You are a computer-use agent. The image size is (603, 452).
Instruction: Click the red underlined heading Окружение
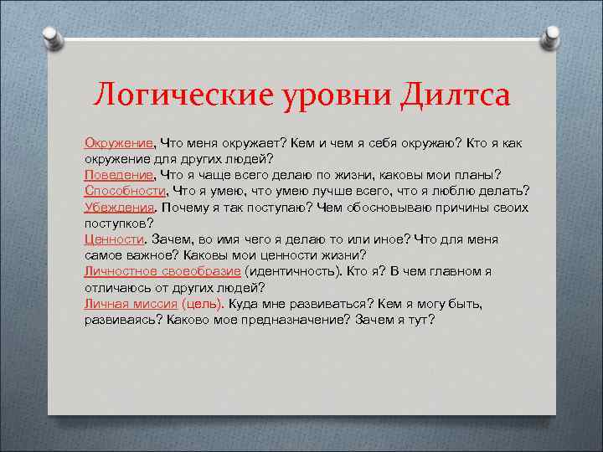[118, 143]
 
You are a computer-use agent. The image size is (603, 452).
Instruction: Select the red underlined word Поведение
[119, 175]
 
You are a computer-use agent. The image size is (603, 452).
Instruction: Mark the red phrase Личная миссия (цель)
[153, 303]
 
